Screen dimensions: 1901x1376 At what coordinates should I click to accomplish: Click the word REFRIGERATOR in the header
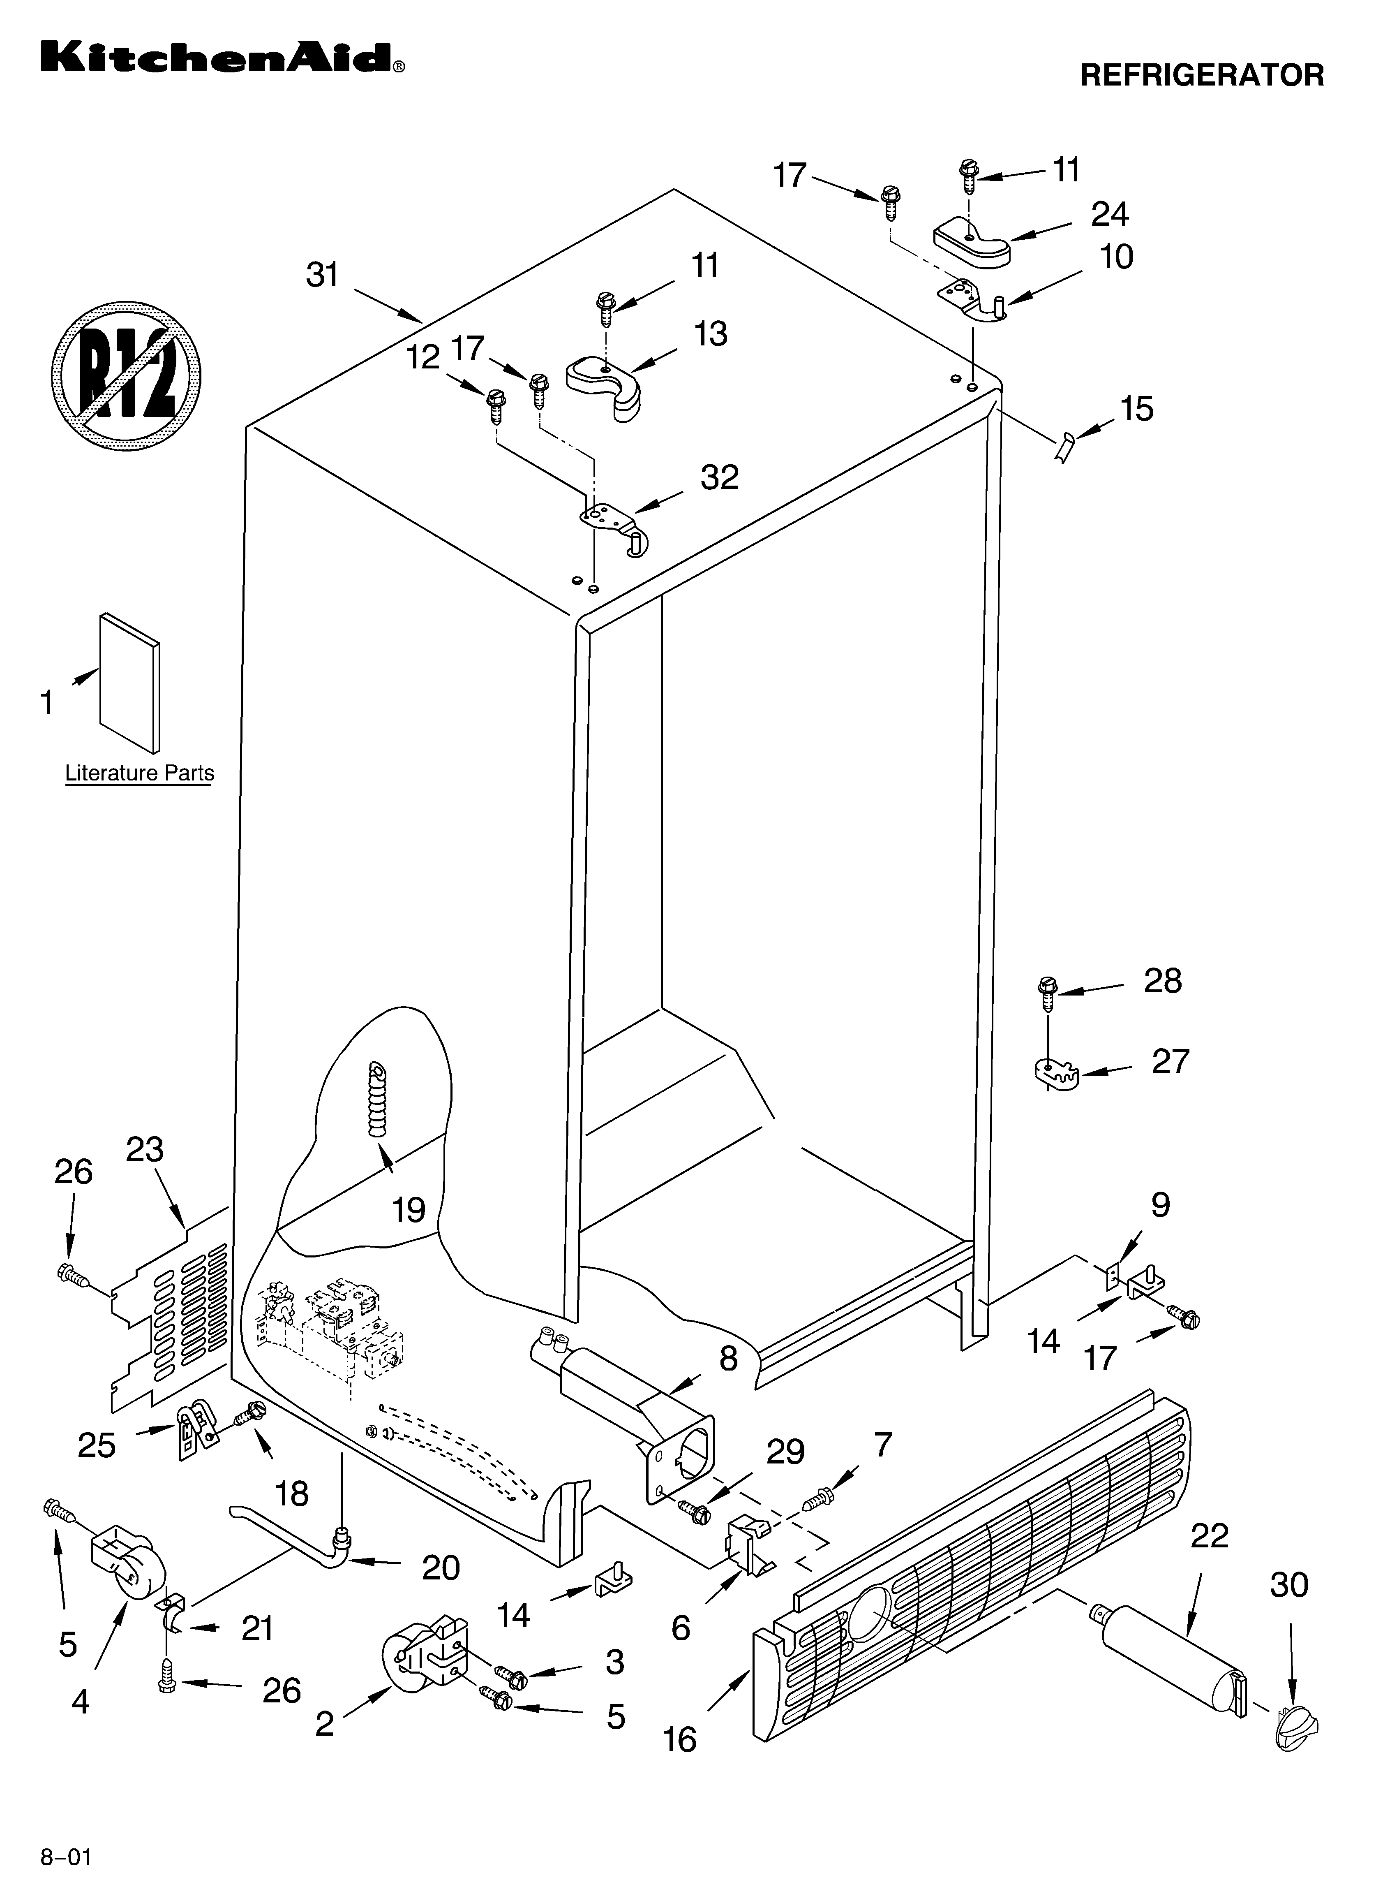point(1202,75)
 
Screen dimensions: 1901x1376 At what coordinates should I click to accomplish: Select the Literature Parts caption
point(139,773)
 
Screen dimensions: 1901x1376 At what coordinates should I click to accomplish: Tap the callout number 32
point(719,478)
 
